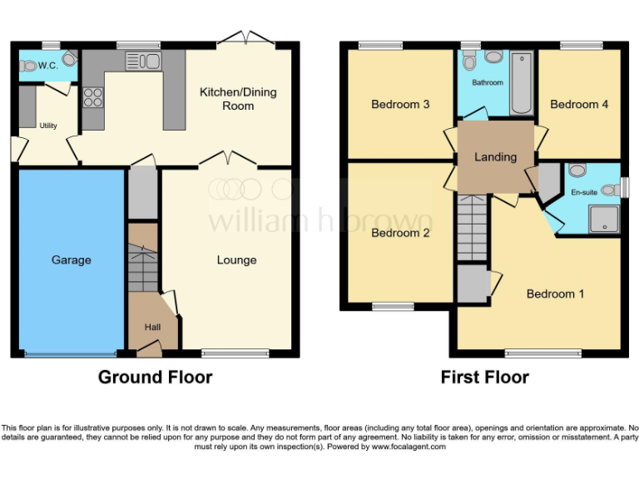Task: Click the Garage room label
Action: (x=71, y=260)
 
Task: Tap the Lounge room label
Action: (x=236, y=260)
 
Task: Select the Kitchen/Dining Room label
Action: (x=237, y=99)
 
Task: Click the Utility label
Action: (x=48, y=126)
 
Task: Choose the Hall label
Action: (x=152, y=327)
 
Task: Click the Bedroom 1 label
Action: (x=555, y=294)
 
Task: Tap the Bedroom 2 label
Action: (x=400, y=233)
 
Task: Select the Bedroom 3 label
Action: (x=400, y=104)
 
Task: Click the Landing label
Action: (x=495, y=156)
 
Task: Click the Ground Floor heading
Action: (x=155, y=377)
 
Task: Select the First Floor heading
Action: (x=484, y=377)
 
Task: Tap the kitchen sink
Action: (x=142, y=60)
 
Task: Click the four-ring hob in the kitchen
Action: (x=92, y=97)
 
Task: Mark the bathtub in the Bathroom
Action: (x=521, y=83)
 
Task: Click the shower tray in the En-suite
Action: (x=604, y=220)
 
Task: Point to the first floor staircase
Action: (x=471, y=225)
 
